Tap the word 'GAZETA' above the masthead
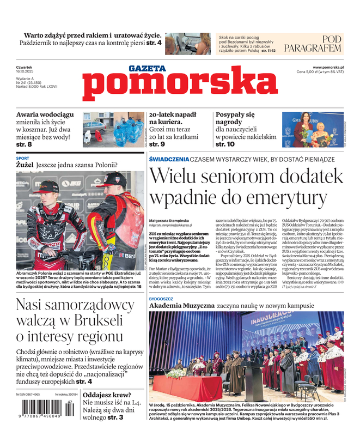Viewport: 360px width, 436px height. [x=147, y=68]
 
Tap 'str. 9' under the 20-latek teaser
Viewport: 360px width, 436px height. [x=157, y=144]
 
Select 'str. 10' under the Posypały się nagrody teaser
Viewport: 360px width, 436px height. [x=225, y=144]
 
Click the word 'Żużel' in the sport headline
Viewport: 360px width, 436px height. [x=25, y=164]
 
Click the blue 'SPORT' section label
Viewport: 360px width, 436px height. [x=22, y=158]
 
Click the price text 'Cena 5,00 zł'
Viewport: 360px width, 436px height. [x=311, y=72]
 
